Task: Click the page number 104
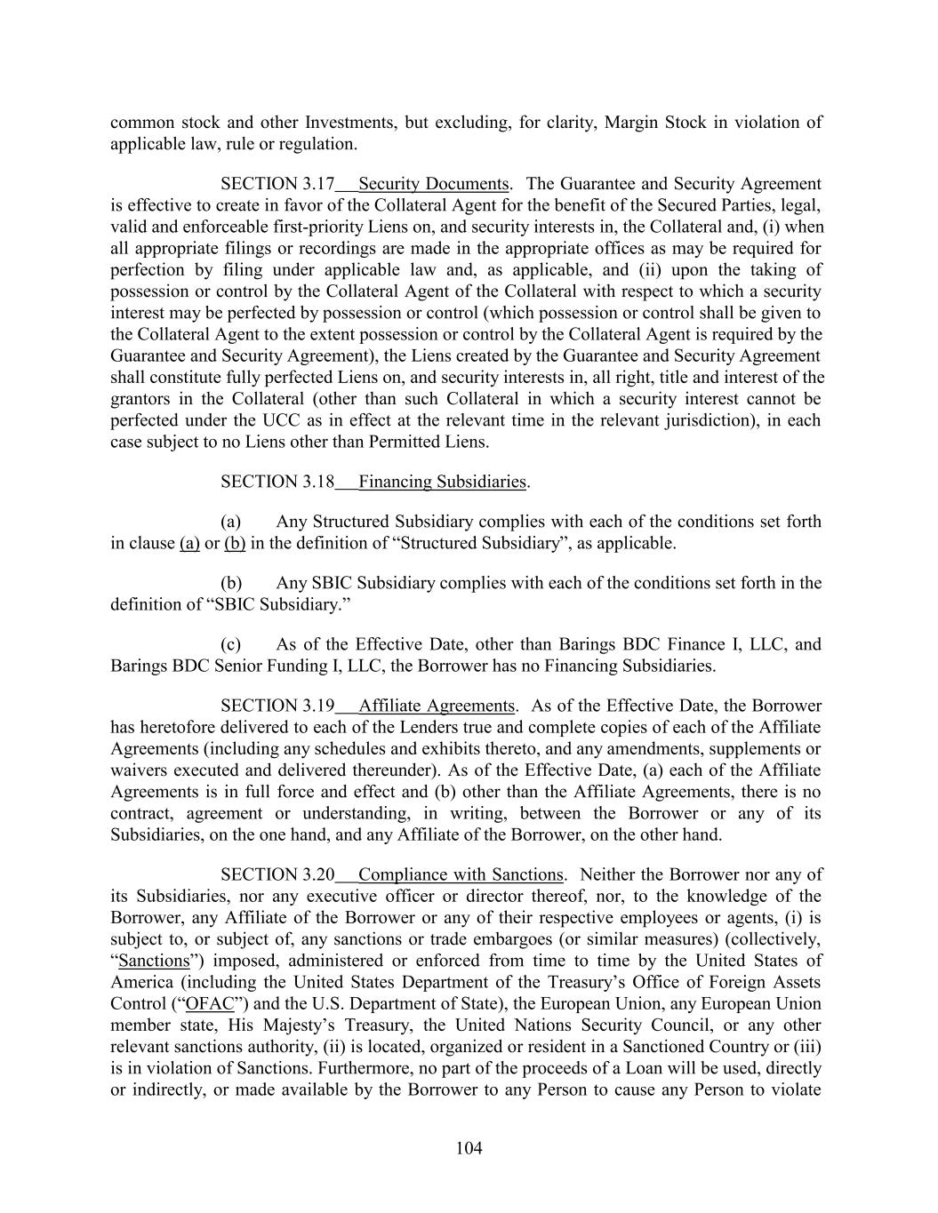click(469, 1148)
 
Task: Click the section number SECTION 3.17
click(277, 184)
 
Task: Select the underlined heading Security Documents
click(433, 184)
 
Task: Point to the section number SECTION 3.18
click(277, 482)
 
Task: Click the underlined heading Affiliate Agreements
click(436, 706)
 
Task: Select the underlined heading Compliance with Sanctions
click(461, 874)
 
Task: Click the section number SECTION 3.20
click(277, 874)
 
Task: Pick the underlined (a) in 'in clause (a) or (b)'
click(189, 543)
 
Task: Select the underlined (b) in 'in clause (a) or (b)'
click(235, 543)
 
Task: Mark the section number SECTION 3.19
click(277, 706)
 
